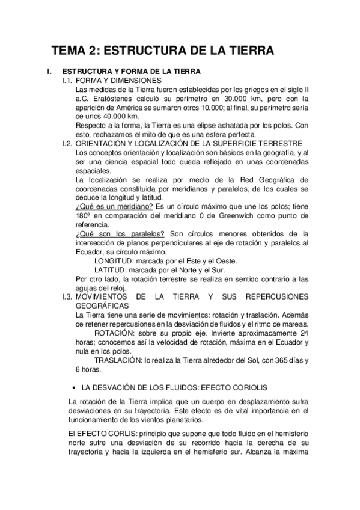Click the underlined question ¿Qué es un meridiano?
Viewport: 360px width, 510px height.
(x=111, y=206)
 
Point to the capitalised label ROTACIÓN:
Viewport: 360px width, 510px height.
(x=117, y=333)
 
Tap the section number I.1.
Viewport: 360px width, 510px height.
(x=67, y=80)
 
